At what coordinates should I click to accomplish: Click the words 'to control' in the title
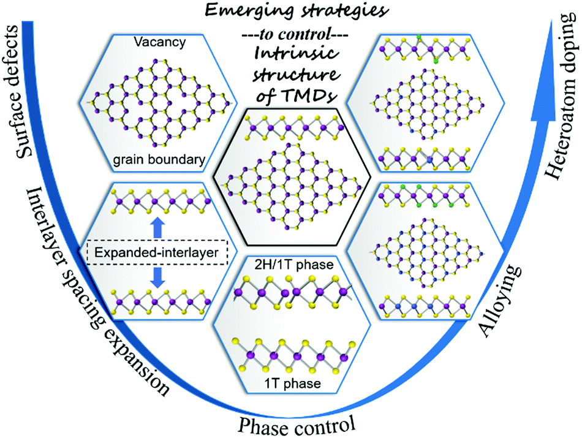point(290,30)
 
